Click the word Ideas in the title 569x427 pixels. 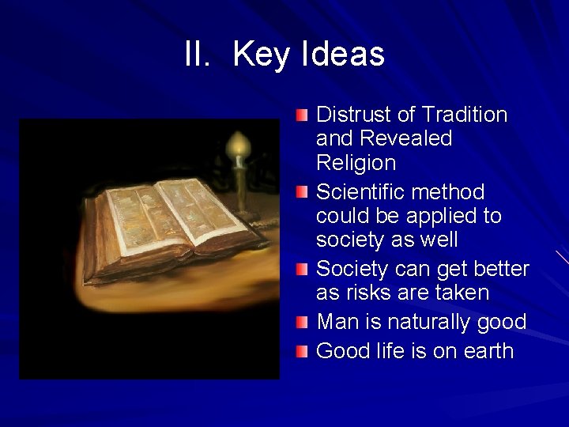coord(343,55)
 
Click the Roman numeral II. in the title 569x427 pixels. coord(198,55)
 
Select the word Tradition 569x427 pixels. coord(465,115)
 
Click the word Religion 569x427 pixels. coord(356,163)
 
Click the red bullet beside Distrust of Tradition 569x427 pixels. coord(303,116)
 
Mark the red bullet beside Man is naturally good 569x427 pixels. coord(303,323)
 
